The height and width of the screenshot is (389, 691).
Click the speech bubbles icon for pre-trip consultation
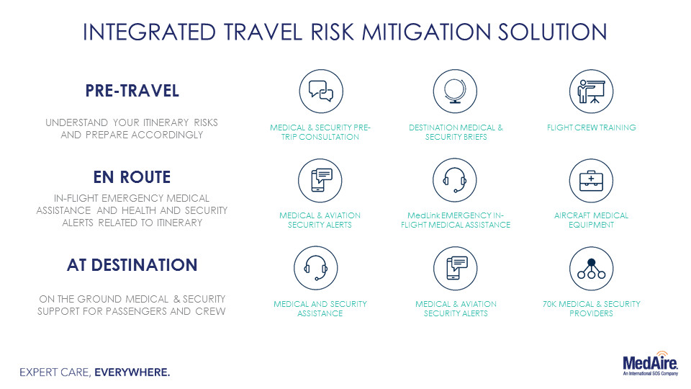click(x=321, y=91)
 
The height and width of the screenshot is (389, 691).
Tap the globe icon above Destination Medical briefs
click(x=455, y=91)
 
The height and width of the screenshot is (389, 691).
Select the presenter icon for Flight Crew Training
click(x=591, y=91)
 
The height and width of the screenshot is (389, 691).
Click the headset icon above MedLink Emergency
click(x=455, y=180)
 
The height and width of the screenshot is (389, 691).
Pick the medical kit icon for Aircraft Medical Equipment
click(x=591, y=180)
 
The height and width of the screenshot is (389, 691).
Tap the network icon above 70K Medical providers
click(x=591, y=268)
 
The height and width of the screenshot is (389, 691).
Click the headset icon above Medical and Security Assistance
click(x=316, y=268)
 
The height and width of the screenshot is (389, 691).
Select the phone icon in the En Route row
click(x=320, y=180)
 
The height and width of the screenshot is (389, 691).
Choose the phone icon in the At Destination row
click(x=455, y=268)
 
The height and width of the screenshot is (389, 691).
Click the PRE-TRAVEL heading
click(x=132, y=91)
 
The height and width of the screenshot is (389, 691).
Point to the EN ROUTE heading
click(x=132, y=177)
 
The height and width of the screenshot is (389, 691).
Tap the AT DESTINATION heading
click(x=132, y=265)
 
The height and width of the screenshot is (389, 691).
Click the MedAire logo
click(x=650, y=364)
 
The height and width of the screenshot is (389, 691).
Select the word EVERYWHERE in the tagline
click(x=132, y=372)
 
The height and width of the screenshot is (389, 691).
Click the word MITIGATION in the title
click(x=427, y=32)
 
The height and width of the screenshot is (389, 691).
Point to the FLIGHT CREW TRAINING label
click(x=592, y=128)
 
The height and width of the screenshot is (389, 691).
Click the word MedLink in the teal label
click(x=423, y=215)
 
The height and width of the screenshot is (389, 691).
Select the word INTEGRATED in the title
click(x=149, y=32)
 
